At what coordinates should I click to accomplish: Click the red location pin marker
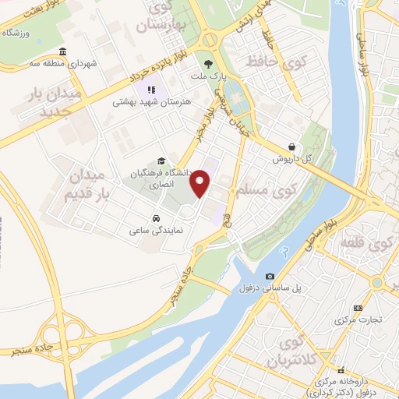[201, 182]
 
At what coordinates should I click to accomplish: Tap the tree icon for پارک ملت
[207, 65]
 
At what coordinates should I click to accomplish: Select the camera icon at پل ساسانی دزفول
[270, 276]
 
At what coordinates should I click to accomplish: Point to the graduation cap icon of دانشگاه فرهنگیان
[161, 161]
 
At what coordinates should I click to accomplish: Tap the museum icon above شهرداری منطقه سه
[62, 52]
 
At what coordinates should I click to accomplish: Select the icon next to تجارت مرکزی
[358, 308]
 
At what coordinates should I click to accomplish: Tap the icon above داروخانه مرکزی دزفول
[340, 370]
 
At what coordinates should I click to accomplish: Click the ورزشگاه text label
[17, 33]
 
